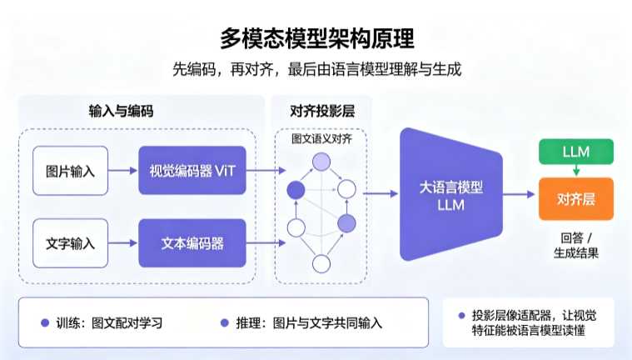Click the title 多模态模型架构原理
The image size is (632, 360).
(x=316, y=38)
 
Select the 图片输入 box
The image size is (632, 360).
(x=71, y=171)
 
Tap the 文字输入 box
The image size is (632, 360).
(x=71, y=243)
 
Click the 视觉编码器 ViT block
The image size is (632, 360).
(x=192, y=170)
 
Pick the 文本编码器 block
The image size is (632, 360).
(x=192, y=243)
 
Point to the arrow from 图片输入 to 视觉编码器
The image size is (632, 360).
(x=123, y=170)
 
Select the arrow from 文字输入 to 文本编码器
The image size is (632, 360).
(x=123, y=243)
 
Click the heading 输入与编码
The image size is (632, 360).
(x=121, y=111)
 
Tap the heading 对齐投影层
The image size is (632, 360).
(x=322, y=111)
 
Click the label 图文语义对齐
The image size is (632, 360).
(x=321, y=139)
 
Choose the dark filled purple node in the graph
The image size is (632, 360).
(x=296, y=190)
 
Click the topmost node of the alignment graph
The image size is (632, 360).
(x=321, y=162)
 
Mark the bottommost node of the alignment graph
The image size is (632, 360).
(x=321, y=264)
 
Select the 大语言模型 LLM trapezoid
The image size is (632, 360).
(x=451, y=194)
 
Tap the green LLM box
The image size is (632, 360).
(x=576, y=152)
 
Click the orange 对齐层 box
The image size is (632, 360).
(x=576, y=199)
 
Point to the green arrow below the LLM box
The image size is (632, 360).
(x=576, y=170)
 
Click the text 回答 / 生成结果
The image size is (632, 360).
(x=576, y=245)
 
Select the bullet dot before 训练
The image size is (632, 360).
(x=45, y=322)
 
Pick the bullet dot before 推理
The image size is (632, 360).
(x=225, y=322)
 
